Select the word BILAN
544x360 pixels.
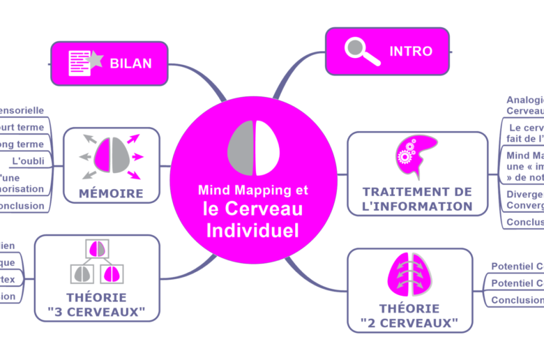click(x=130, y=63)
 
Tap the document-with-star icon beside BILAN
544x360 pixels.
click(x=84, y=63)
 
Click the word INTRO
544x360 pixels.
click(x=410, y=52)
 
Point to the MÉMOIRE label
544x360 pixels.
click(x=112, y=193)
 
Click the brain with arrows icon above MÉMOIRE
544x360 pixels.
click(x=112, y=154)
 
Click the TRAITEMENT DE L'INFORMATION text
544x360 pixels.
click(x=417, y=199)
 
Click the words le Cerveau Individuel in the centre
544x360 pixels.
click(x=252, y=219)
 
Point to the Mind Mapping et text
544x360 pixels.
click(x=252, y=190)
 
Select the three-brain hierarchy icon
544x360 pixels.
click(x=96, y=264)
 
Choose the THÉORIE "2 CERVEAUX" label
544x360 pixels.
click(x=409, y=315)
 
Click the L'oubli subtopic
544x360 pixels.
click(x=29, y=160)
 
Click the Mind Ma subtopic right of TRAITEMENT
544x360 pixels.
click(x=524, y=165)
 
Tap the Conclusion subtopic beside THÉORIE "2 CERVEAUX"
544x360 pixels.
click(x=517, y=300)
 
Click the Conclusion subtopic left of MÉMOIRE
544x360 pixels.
click(x=22, y=206)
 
